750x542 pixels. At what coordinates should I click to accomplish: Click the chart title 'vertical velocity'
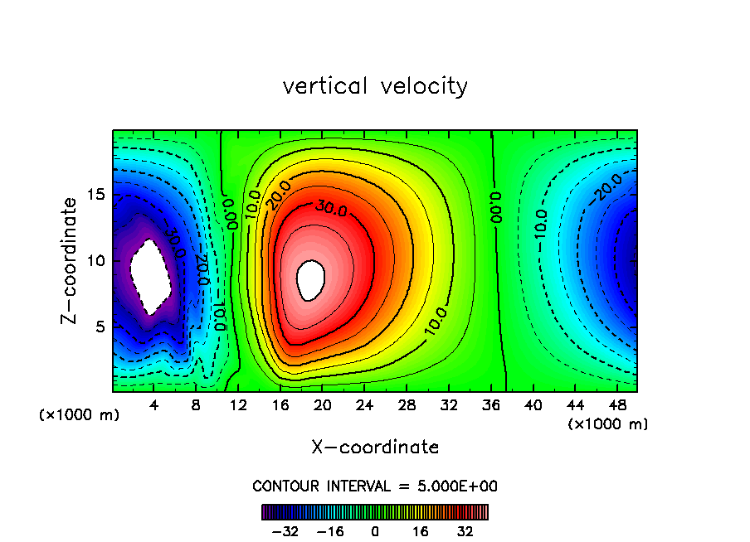coord(375,86)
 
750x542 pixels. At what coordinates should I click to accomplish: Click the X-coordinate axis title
coord(375,448)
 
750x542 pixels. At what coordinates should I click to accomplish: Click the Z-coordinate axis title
coord(70,260)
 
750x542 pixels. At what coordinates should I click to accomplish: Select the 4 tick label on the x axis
coord(154,405)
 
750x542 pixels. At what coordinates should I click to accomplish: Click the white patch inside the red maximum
coord(310,279)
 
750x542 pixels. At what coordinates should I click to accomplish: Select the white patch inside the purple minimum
coord(150,276)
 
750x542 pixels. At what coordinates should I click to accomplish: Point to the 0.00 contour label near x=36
coord(496,208)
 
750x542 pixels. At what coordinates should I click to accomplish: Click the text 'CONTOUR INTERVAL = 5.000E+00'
coord(375,486)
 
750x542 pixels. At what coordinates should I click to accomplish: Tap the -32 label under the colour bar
coord(285,531)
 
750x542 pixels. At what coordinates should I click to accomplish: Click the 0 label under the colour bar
coord(375,531)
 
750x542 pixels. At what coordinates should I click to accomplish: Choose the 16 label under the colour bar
coord(420,531)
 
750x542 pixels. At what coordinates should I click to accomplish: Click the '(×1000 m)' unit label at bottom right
coord(608,424)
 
